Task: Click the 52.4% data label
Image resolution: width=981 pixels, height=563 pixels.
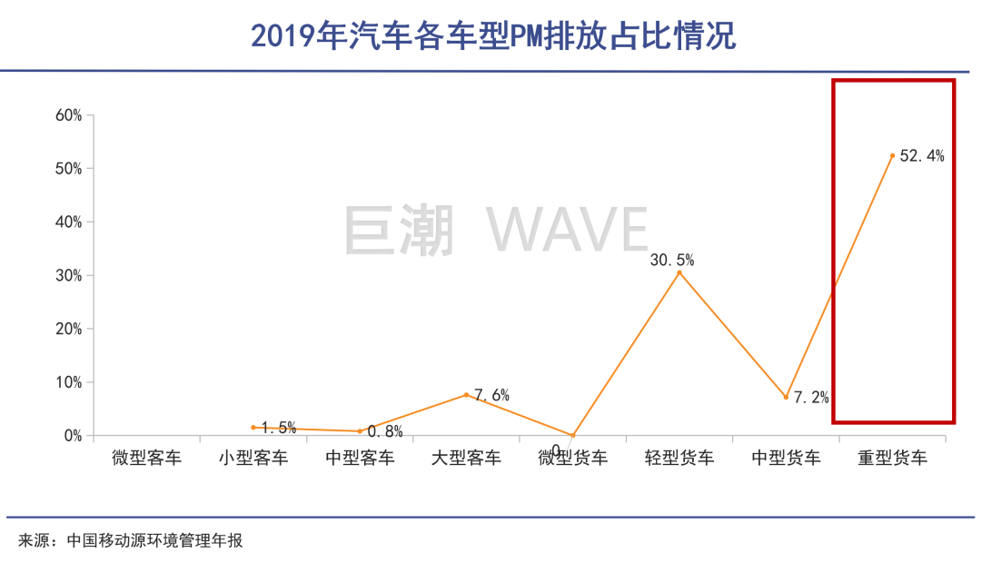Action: pyautogui.click(x=922, y=156)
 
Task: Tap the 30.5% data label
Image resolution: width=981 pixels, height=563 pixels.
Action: pyautogui.click(x=672, y=261)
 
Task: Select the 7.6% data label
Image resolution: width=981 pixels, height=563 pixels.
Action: pyautogui.click(x=491, y=396)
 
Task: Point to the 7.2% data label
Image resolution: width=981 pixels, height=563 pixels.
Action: pyautogui.click(x=811, y=398)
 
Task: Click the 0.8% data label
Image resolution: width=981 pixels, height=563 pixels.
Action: pyautogui.click(x=385, y=431)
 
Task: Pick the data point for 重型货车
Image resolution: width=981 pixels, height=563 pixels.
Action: pyautogui.click(x=893, y=156)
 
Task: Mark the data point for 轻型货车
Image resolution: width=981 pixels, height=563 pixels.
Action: pyautogui.click(x=679, y=272)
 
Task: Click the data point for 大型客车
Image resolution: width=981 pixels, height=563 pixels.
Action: pyautogui.click(x=466, y=394)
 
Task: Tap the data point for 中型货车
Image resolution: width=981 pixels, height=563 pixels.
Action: pyautogui.click(x=786, y=397)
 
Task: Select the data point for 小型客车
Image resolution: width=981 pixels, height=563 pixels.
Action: pyautogui.click(x=253, y=427)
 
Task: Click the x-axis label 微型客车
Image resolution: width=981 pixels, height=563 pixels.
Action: pyautogui.click(x=146, y=458)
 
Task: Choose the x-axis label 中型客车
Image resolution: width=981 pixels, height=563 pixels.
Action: pyautogui.click(x=360, y=458)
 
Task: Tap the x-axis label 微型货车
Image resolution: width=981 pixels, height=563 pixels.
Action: pyautogui.click(x=573, y=458)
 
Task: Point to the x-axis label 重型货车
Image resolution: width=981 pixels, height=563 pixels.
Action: pyautogui.click(x=893, y=458)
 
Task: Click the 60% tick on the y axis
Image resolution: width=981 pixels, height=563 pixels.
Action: pyautogui.click(x=69, y=115)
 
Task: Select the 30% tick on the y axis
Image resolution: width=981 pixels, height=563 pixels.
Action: pyautogui.click(x=69, y=275)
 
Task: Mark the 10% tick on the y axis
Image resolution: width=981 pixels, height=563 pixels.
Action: pyautogui.click(x=69, y=382)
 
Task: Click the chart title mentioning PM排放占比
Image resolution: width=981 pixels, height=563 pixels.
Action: pyautogui.click(x=491, y=36)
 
